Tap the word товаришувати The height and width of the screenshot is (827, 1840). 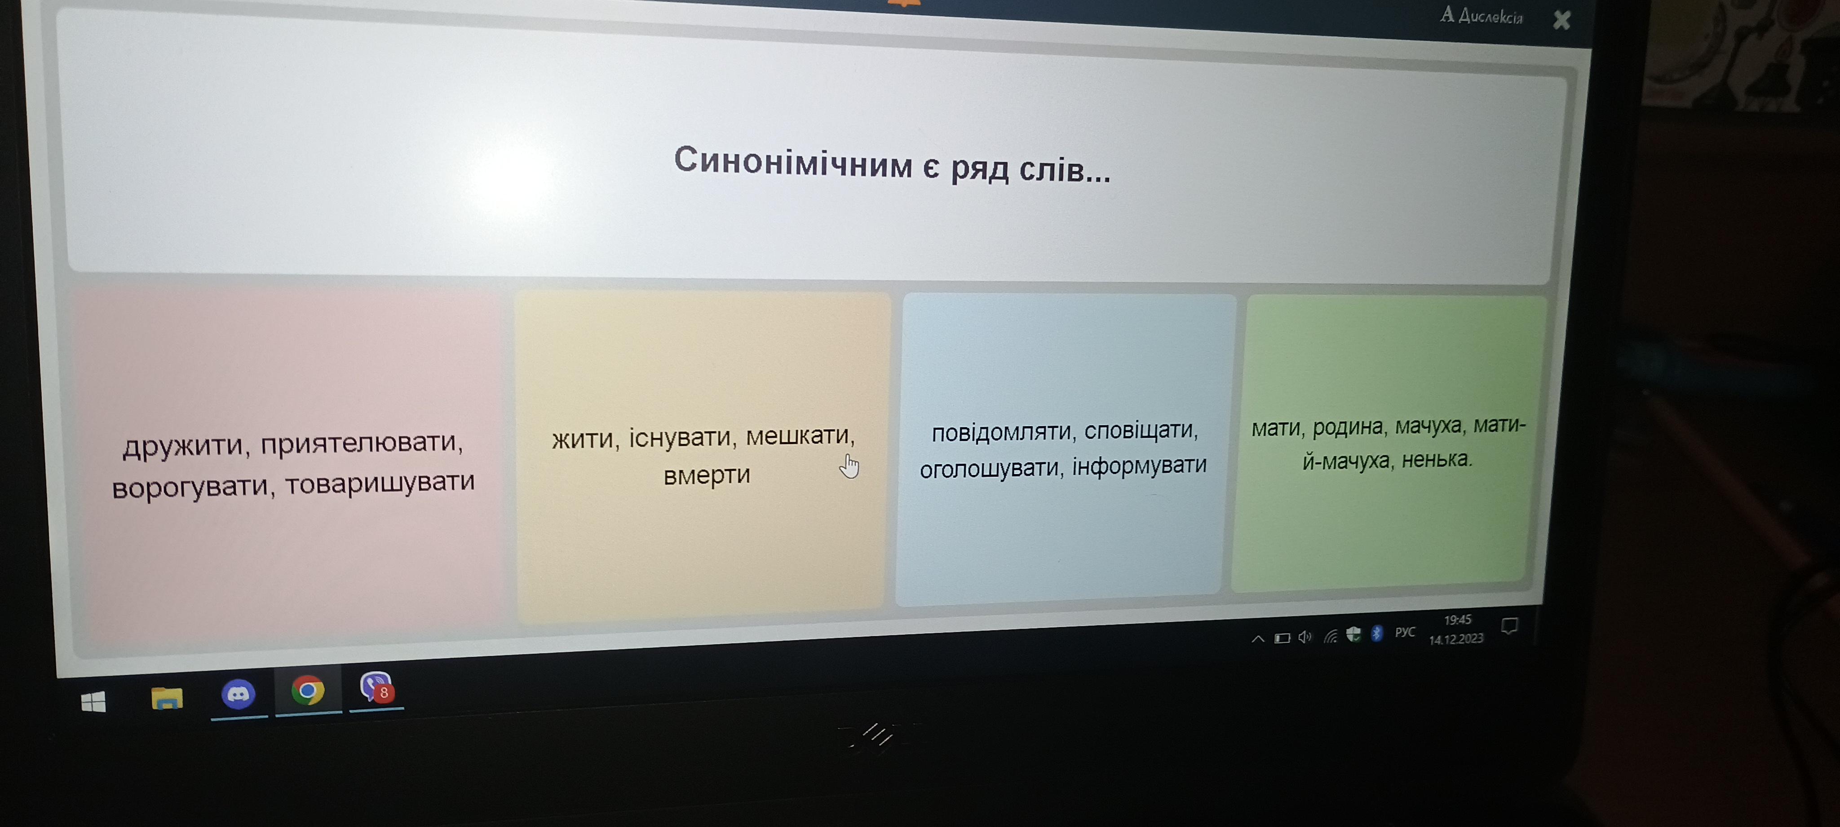click(x=380, y=483)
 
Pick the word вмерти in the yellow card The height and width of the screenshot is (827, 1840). click(x=707, y=475)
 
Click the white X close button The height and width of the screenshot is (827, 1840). click(x=1561, y=20)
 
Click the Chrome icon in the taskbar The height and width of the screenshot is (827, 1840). click(x=308, y=691)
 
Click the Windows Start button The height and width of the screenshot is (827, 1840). click(x=93, y=702)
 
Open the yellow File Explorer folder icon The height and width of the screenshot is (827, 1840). click(x=167, y=698)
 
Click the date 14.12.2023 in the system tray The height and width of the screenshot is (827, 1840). click(x=1456, y=639)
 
